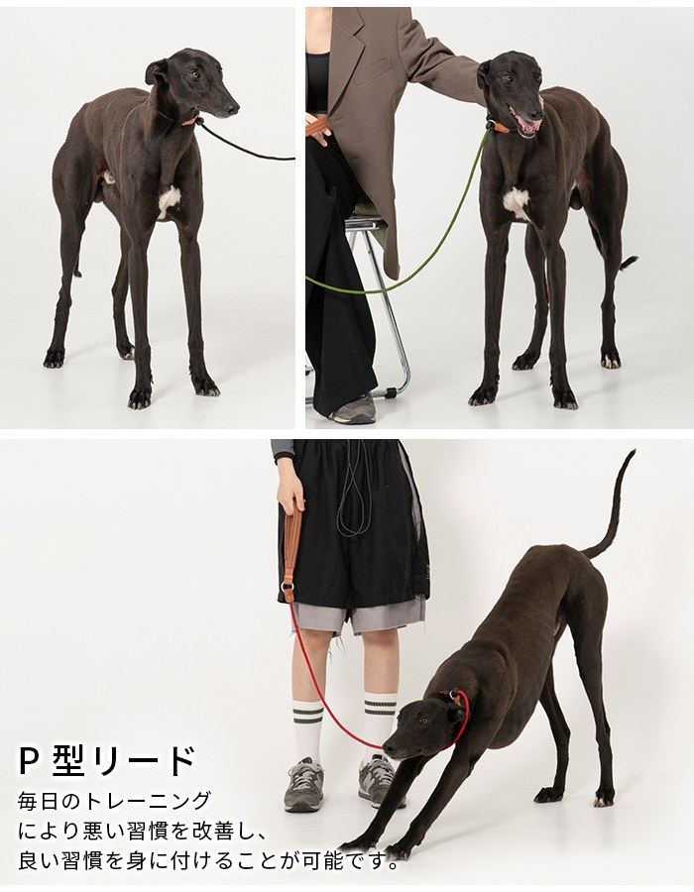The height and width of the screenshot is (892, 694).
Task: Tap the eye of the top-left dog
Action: pyautogui.click(x=195, y=74)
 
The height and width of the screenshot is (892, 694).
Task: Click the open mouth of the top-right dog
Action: pyautogui.click(x=527, y=124)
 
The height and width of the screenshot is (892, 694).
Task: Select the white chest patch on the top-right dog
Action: pyautogui.click(x=516, y=202)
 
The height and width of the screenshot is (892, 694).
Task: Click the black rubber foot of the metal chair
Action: pyautogui.click(x=391, y=391)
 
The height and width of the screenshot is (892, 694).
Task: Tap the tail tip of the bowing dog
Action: pyautogui.click(x=632, y=453)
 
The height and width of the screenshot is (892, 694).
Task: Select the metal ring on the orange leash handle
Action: pyautogui.click(x=289, y=588)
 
